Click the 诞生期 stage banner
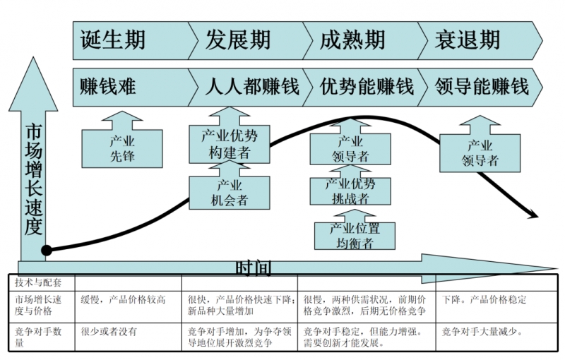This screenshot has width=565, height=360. point(113,40)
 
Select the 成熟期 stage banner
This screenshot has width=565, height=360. point(352,40)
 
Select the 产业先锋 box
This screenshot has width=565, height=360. point(122,148)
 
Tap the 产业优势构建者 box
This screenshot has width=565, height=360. point(229,143)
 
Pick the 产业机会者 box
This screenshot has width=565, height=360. point(230,193)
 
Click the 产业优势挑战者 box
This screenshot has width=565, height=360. point(350,191)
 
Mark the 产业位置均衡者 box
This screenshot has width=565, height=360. point(354,236)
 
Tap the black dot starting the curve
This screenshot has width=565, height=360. point(47,250)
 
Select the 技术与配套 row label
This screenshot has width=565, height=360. point(38,282)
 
